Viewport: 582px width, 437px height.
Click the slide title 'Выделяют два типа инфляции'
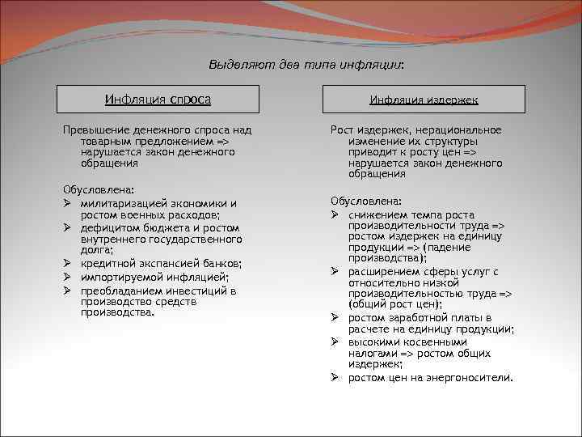pos(306,64)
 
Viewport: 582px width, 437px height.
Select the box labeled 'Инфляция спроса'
pos(158,100)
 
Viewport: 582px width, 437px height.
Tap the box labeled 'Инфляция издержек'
pos(424,100)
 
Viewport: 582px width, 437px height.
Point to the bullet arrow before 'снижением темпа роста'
pos(334,214)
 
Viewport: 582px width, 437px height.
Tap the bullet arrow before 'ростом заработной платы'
pos(334,318)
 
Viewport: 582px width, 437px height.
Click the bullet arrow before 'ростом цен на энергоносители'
pos(334,378)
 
